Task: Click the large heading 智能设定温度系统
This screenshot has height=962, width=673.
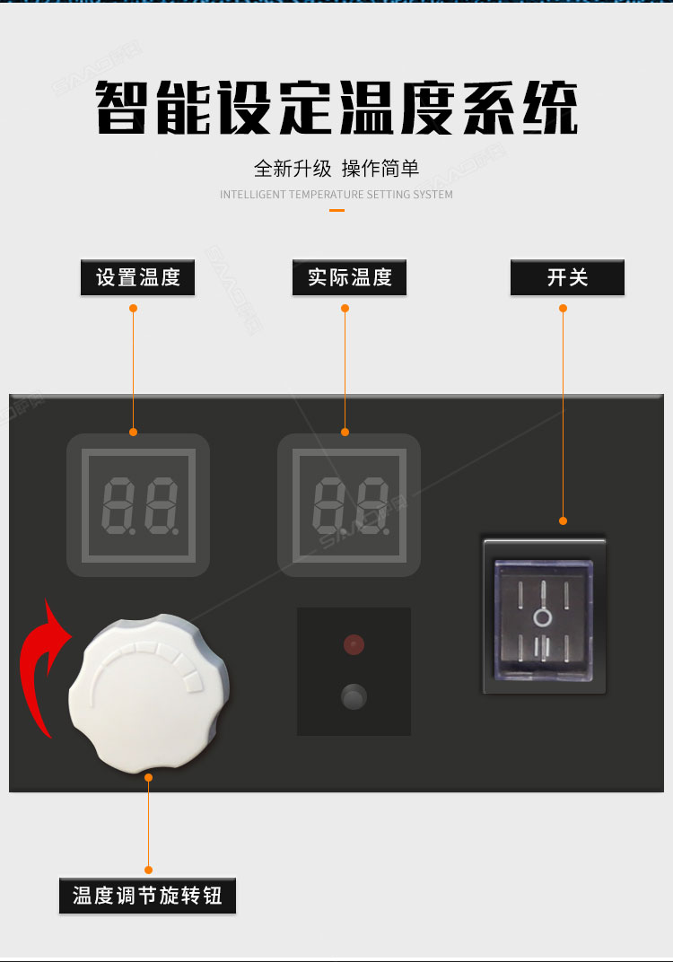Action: (336, 108)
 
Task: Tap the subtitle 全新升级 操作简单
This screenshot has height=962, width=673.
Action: (336, 168)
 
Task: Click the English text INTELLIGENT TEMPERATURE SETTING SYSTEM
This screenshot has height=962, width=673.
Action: (336, 195)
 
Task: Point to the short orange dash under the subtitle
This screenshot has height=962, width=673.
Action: (336, 210)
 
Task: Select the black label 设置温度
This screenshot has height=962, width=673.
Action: (137, 277)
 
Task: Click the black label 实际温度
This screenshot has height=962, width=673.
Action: (349, 277)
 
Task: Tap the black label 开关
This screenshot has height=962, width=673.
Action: (567, 277)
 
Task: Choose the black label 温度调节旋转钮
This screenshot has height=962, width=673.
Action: (147, 896)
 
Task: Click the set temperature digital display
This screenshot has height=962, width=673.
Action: (139, 505)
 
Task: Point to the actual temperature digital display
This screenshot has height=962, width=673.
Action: (349, 505)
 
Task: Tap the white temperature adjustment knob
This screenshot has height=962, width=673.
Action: (149, 693)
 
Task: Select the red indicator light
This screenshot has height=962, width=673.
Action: (354, 644)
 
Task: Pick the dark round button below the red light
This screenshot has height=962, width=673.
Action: (354, 697)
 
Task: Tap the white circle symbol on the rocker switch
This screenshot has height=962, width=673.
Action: (542, 617)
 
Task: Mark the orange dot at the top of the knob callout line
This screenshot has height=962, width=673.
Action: (148, 777)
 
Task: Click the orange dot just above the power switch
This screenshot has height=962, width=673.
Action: (564, 520)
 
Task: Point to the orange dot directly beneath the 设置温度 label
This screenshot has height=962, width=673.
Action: (133, 308)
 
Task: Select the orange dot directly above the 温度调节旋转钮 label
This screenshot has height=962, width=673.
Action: (148, 870)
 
